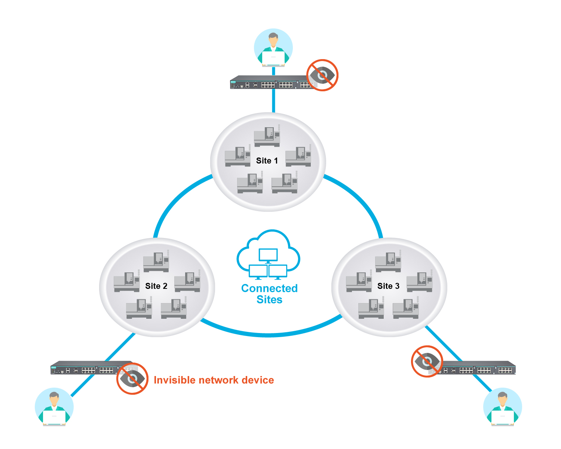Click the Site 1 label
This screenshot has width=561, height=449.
pos(267,161)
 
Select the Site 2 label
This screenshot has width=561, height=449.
pos(156,286)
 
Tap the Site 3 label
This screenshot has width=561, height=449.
pos(388,286)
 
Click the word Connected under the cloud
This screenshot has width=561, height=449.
pos(269,288)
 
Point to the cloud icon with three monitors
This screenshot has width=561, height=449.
pos(268,255)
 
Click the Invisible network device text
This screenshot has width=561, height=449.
pos(214,380)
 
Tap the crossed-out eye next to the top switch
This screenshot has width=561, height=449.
pos(322,75)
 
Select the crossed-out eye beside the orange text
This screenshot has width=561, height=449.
pos(132,379)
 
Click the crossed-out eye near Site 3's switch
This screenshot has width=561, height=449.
pos(427,361)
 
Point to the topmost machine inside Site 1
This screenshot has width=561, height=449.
pos(267,136)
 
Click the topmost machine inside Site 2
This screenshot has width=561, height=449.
pos(156,262)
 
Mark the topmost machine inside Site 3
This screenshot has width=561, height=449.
pos(389,262)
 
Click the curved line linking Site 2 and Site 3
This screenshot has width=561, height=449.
pos(269,334)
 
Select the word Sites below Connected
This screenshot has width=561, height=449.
pos(269,300)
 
